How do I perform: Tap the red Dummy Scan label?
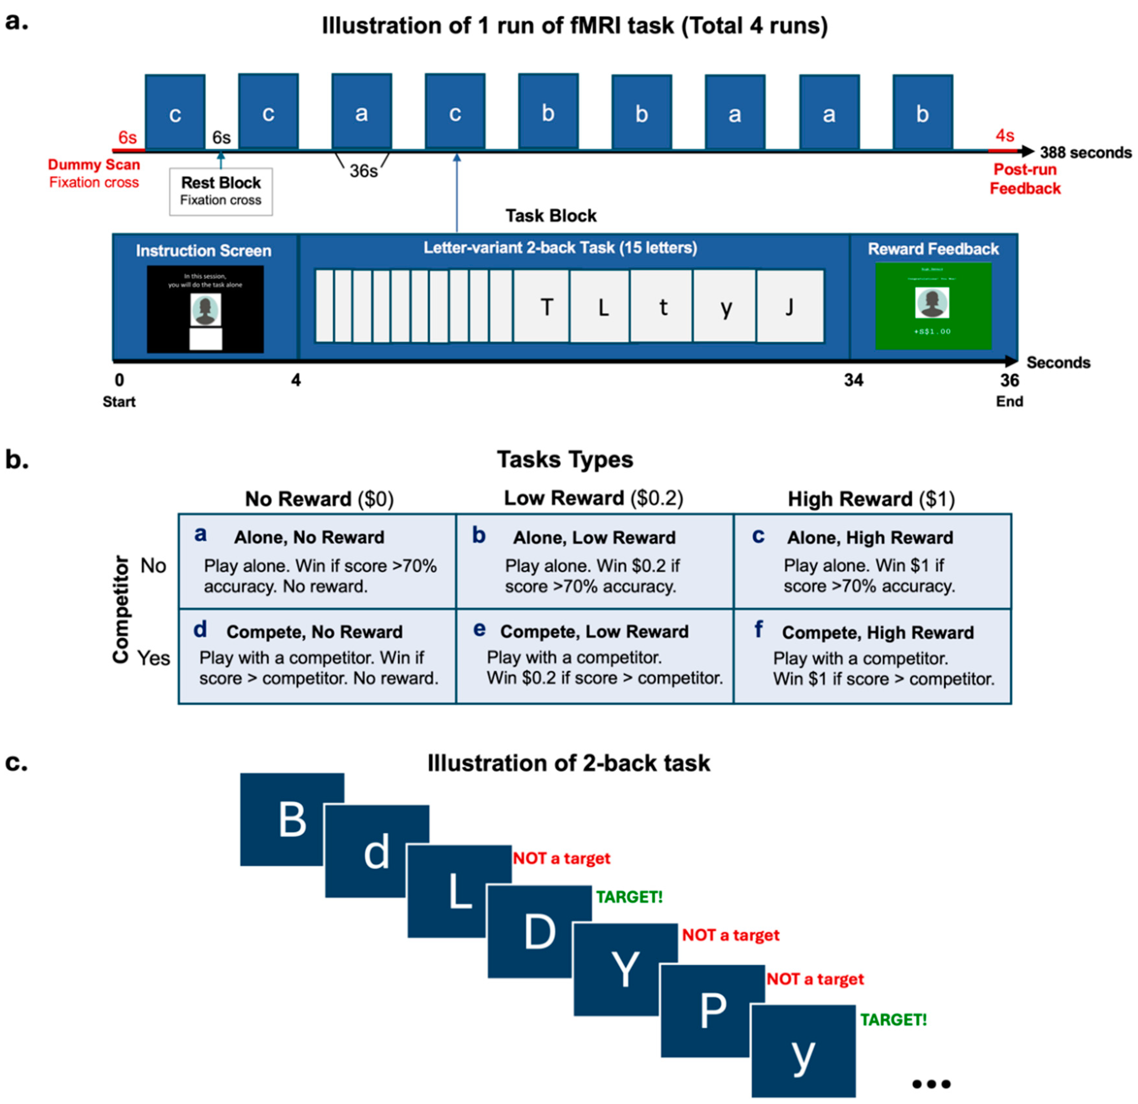[94, 165]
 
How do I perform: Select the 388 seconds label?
[1085, 153]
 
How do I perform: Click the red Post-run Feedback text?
[1025, 179]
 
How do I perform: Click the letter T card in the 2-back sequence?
[546, 307]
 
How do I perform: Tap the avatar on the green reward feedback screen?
[932, 302]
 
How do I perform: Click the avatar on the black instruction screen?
[205, 310]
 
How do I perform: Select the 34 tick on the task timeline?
[853, 380]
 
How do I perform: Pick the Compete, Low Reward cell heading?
[594, 632]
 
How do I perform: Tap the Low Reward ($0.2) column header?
[593, 498]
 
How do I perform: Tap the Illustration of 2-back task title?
[568, 763]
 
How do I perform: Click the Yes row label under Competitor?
[153, 658]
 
